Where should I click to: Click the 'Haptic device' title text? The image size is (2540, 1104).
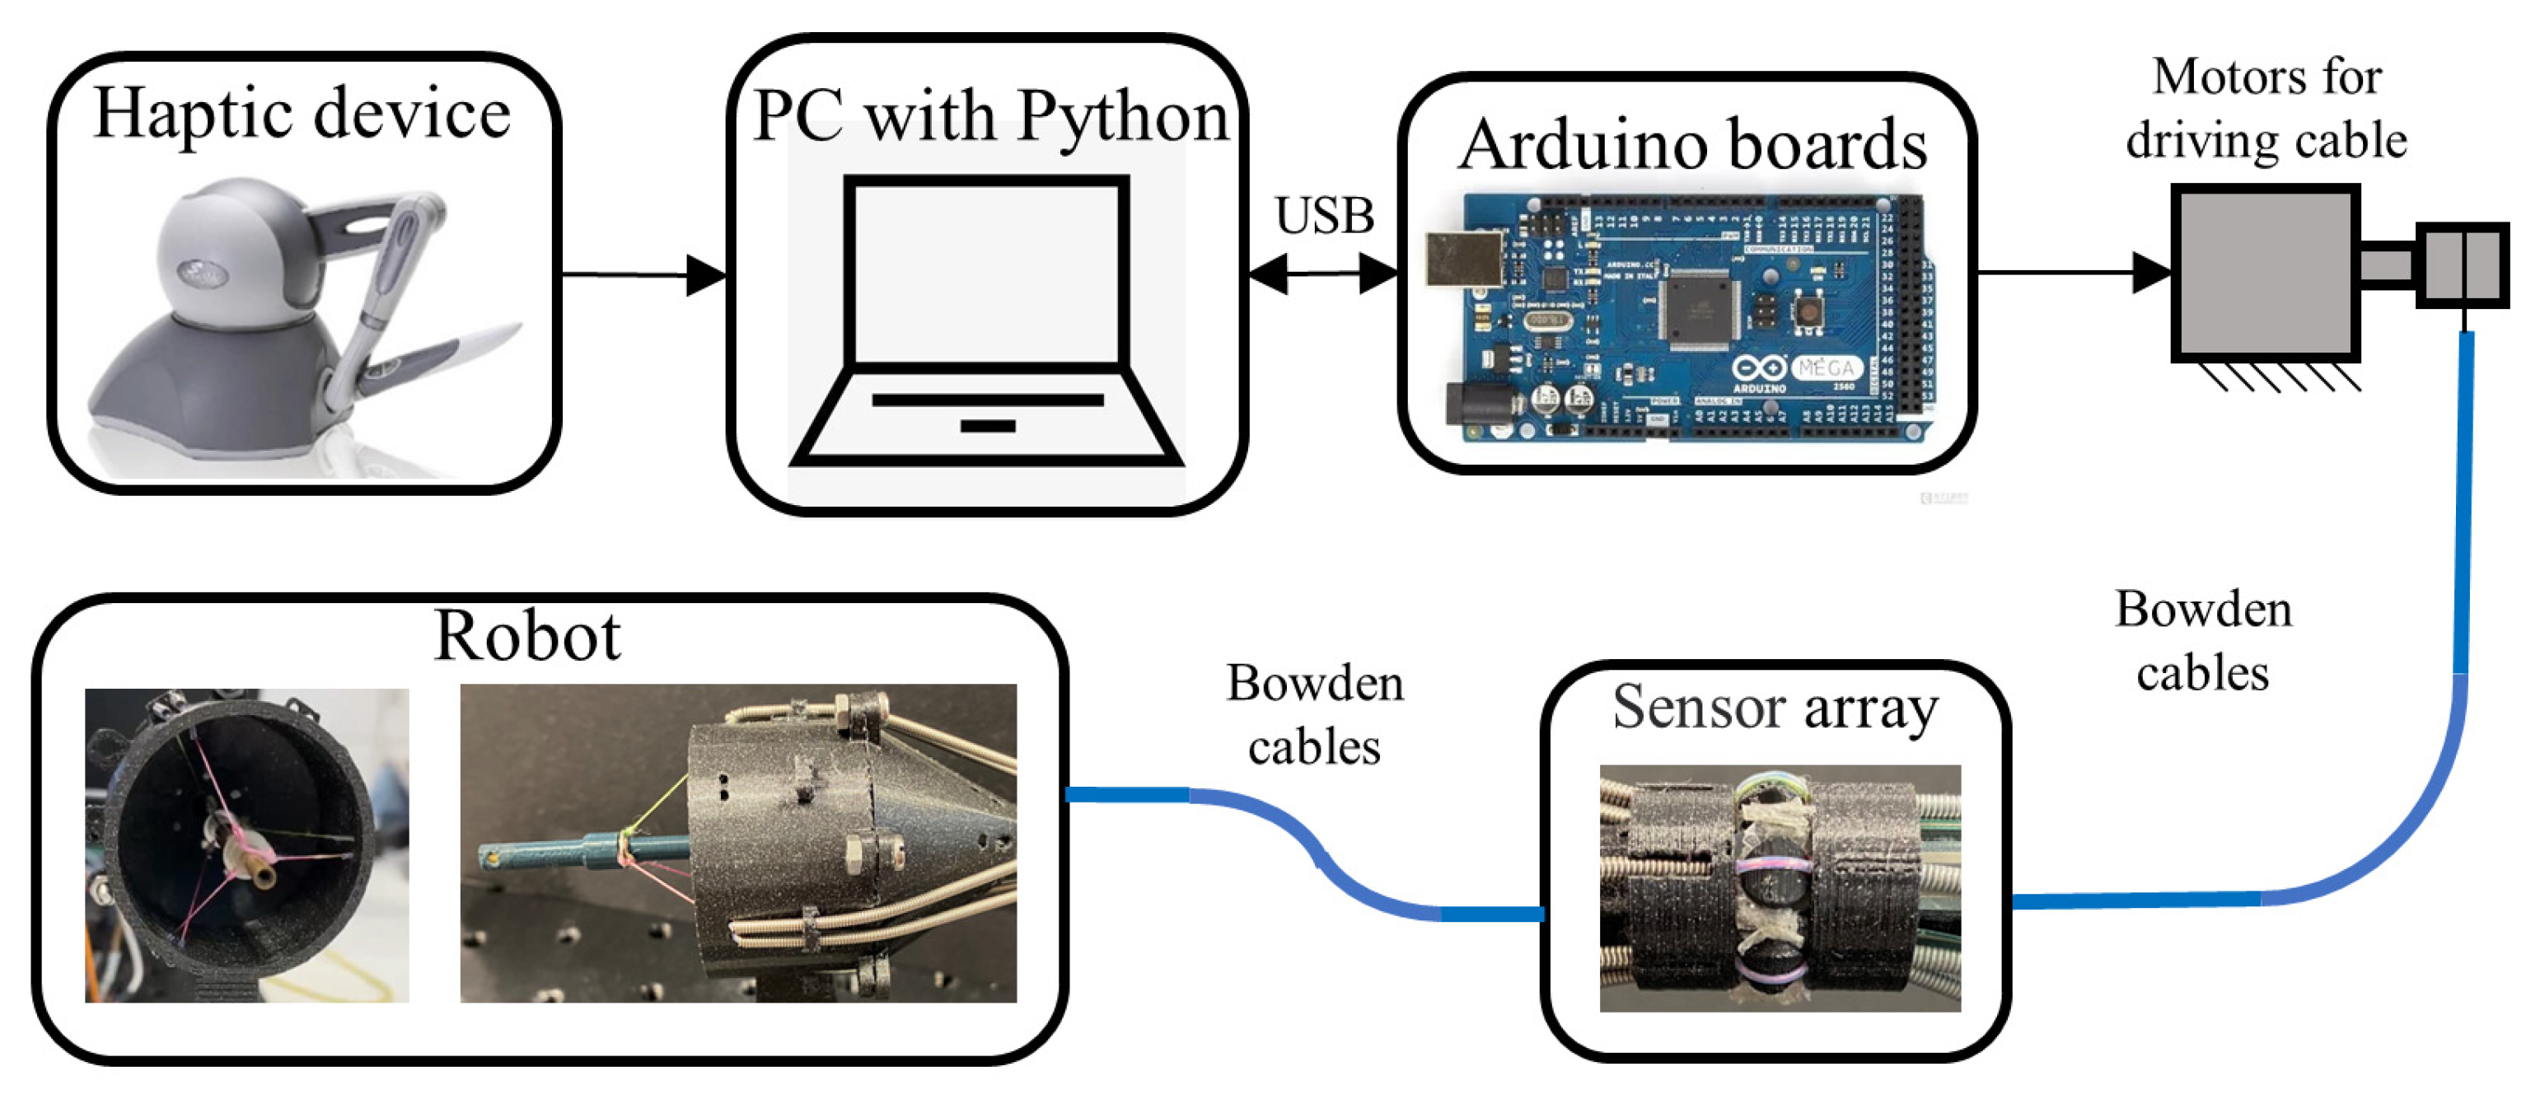[302, 115]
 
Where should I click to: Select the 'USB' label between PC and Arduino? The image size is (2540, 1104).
[1323, 216]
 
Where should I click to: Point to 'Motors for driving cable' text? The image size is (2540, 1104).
[2266, 109]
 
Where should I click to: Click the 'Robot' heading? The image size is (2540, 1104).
[527, 636]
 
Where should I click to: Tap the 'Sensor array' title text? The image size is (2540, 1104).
[1775, 708]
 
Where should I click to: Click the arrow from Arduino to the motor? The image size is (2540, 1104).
[2070, 272]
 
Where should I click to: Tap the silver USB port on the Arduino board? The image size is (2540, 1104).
[1463, 261]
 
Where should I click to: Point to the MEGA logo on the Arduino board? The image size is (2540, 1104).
[1824, 368]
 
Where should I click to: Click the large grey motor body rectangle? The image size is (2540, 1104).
[2264, 272]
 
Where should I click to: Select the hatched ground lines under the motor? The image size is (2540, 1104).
[2278, 377]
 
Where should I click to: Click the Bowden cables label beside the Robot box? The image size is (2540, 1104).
[1313, 714]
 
